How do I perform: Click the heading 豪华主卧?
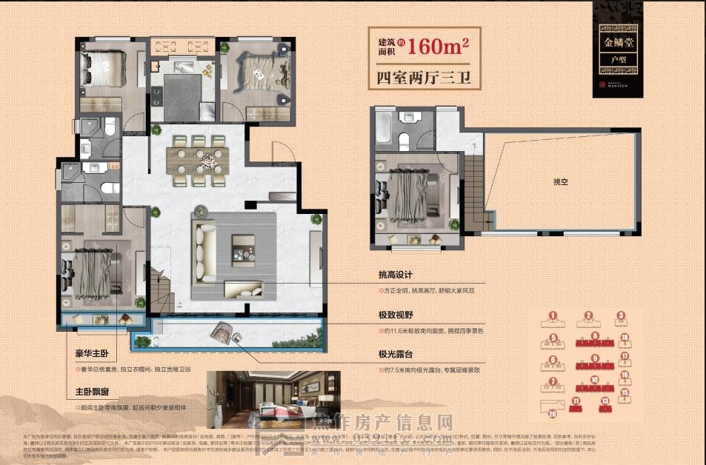90,353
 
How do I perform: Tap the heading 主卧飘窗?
90,392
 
